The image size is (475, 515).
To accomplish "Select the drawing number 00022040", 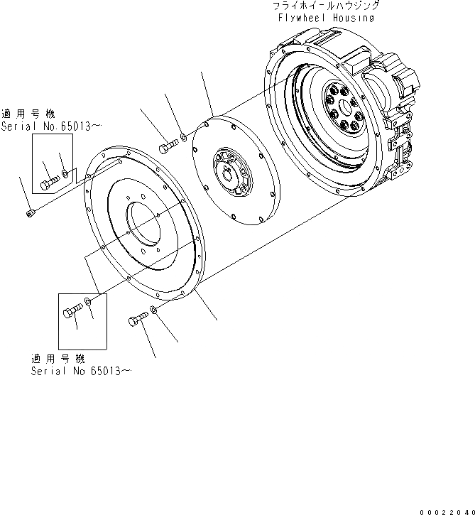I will tap(445, 509).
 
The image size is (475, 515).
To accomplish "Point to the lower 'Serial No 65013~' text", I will tap(81, 371).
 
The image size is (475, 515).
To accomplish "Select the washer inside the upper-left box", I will tap(66, 173).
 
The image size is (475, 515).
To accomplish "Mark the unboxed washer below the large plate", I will tap(153, 311).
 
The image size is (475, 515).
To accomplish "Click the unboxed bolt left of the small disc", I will tap(167, 146).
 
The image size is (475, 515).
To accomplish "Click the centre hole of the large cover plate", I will tap(148, 227).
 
